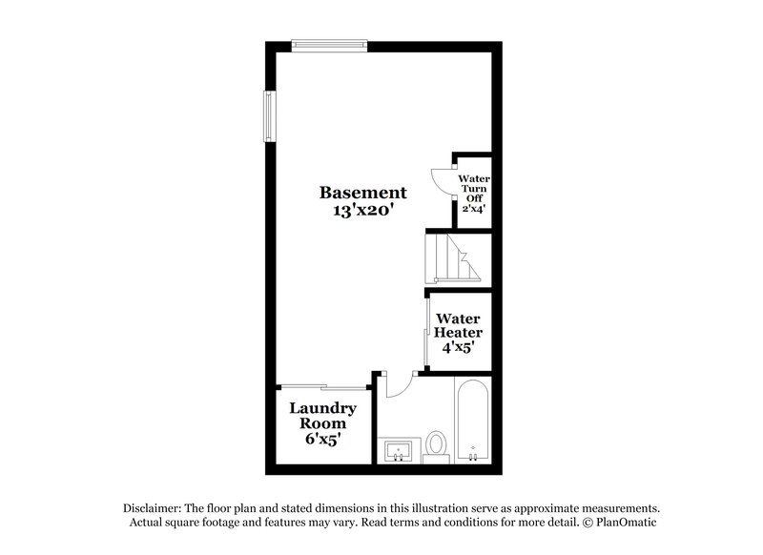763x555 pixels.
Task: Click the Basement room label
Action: tap(362, 192)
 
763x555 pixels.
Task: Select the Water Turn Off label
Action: tap(473, 188)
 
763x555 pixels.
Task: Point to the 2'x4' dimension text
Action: tap(474, 208)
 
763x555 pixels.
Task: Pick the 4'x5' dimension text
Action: tap(458, 348)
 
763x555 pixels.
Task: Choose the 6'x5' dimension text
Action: tap(322, 440)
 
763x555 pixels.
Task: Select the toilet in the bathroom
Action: tap(437, 444)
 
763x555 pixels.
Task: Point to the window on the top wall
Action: tap(329, 42)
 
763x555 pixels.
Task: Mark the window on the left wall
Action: tap(269, 118)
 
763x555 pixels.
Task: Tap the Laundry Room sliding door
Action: tap(322, 386)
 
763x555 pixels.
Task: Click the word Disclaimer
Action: tap(155, 508)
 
